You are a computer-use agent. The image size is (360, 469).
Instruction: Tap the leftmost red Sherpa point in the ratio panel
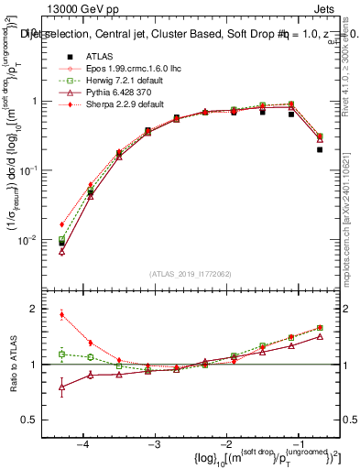[61, 314]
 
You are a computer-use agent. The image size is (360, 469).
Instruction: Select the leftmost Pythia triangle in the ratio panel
[61, 387]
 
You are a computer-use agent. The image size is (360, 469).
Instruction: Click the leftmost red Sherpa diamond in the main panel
[61, 224]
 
